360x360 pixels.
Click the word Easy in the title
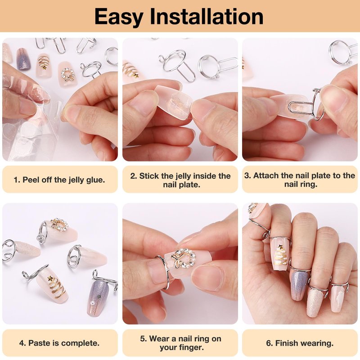pyautogui.click(x=119, y=17)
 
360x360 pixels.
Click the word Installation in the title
pyautogui.click(x=207, y=16)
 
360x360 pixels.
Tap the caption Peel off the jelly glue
pyautogui.click(x=59, y=180)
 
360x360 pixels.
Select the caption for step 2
pyautogui.click(x=180, y=180)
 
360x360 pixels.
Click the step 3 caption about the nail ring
pyautogui.click(x=300, y=180)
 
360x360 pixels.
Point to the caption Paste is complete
pyautogui.click(x=59, y=343)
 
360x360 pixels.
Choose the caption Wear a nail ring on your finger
pyautogui.click(x=181, y=343)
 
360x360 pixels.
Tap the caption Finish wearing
pyautogui.click(x=300, y=343)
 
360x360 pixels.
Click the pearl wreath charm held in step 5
pyautogui.click(x=185, y=258)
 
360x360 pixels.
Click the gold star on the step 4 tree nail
pyautogui.click(x=50, y=279)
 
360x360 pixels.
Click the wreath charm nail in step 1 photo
pyautogui.click(x=66, y=74)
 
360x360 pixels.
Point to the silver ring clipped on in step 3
pyautogui.click(x=317, y=104)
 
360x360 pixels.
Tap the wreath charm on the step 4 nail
pyautogui.click(x=59, y=225)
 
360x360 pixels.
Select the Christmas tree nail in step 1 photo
pyautogui.click(x=44, y=65)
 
